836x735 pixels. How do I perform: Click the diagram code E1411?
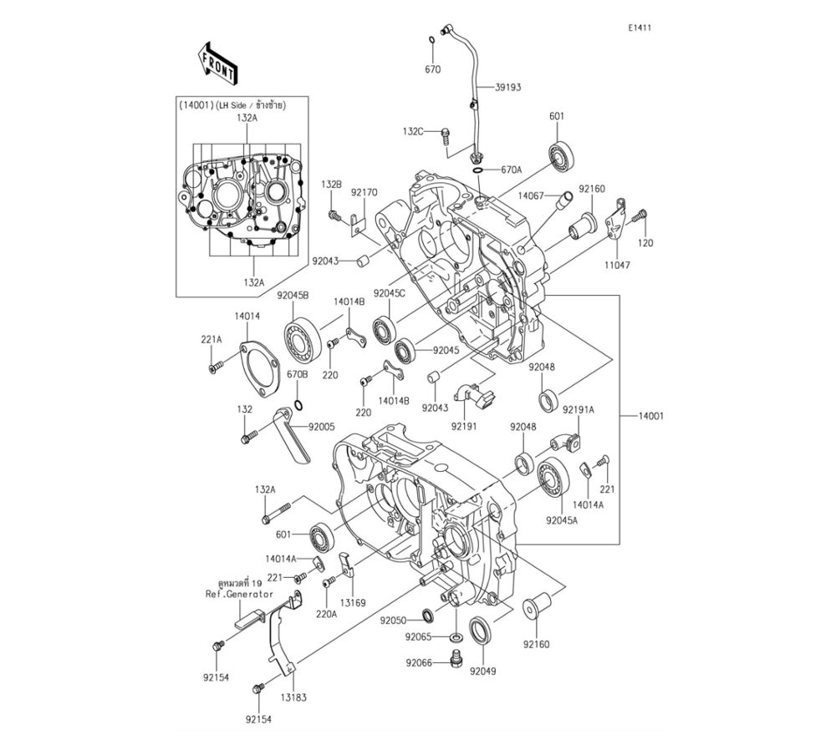tap(640, 28)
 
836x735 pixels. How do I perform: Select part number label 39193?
tap(508, 87)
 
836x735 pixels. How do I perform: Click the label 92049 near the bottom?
tap(483, 670)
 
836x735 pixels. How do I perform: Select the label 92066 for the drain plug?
tap(420, 662)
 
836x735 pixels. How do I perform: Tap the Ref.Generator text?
tap(239, 594)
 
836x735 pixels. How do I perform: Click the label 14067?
tap(531, 195)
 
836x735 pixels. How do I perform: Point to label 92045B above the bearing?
tap(293, 296)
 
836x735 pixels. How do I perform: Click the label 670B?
tap(298, 375)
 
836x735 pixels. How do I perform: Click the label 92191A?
tap(578, 410)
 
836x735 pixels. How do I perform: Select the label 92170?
tap(364, 193)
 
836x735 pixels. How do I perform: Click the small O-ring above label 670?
tap(431, 40)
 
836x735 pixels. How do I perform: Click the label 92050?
tap(393, 621)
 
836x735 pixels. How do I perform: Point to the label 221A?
tap(211, 340)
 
